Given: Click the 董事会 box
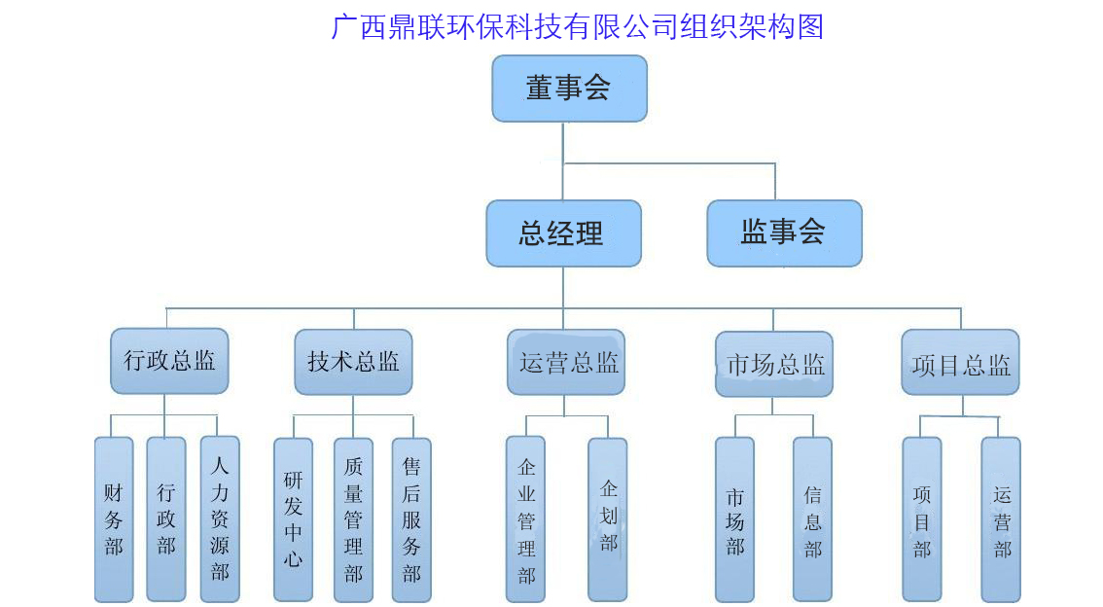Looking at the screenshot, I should pos(569,89).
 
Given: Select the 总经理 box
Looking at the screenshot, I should pos(563,233).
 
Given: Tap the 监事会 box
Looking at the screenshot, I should pos(784,233).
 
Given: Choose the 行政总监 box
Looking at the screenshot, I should pos(169,361).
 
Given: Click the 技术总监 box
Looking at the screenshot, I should pos(353,362).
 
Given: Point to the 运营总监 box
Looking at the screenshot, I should pos(566,362).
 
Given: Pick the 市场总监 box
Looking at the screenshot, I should pos(774,364).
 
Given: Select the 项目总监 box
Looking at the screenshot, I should pos(960,362).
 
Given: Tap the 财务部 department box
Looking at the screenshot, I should pos(114,518).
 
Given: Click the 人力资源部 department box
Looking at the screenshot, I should pos(220,518).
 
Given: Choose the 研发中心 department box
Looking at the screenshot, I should pos(293,518).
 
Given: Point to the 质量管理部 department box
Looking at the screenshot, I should pos(353,518).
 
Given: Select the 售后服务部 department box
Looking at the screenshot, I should pos(411,518).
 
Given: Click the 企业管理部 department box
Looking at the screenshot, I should pos(525,518).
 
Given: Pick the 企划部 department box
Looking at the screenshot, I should pos(608,518).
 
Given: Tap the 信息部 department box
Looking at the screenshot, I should pos(812,518).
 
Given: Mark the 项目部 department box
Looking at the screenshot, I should pos(921,518).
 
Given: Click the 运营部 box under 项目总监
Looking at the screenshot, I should pos(1001,518).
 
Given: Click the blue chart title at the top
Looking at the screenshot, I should pos(578,26).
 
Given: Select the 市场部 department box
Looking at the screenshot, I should pos(734,518).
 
